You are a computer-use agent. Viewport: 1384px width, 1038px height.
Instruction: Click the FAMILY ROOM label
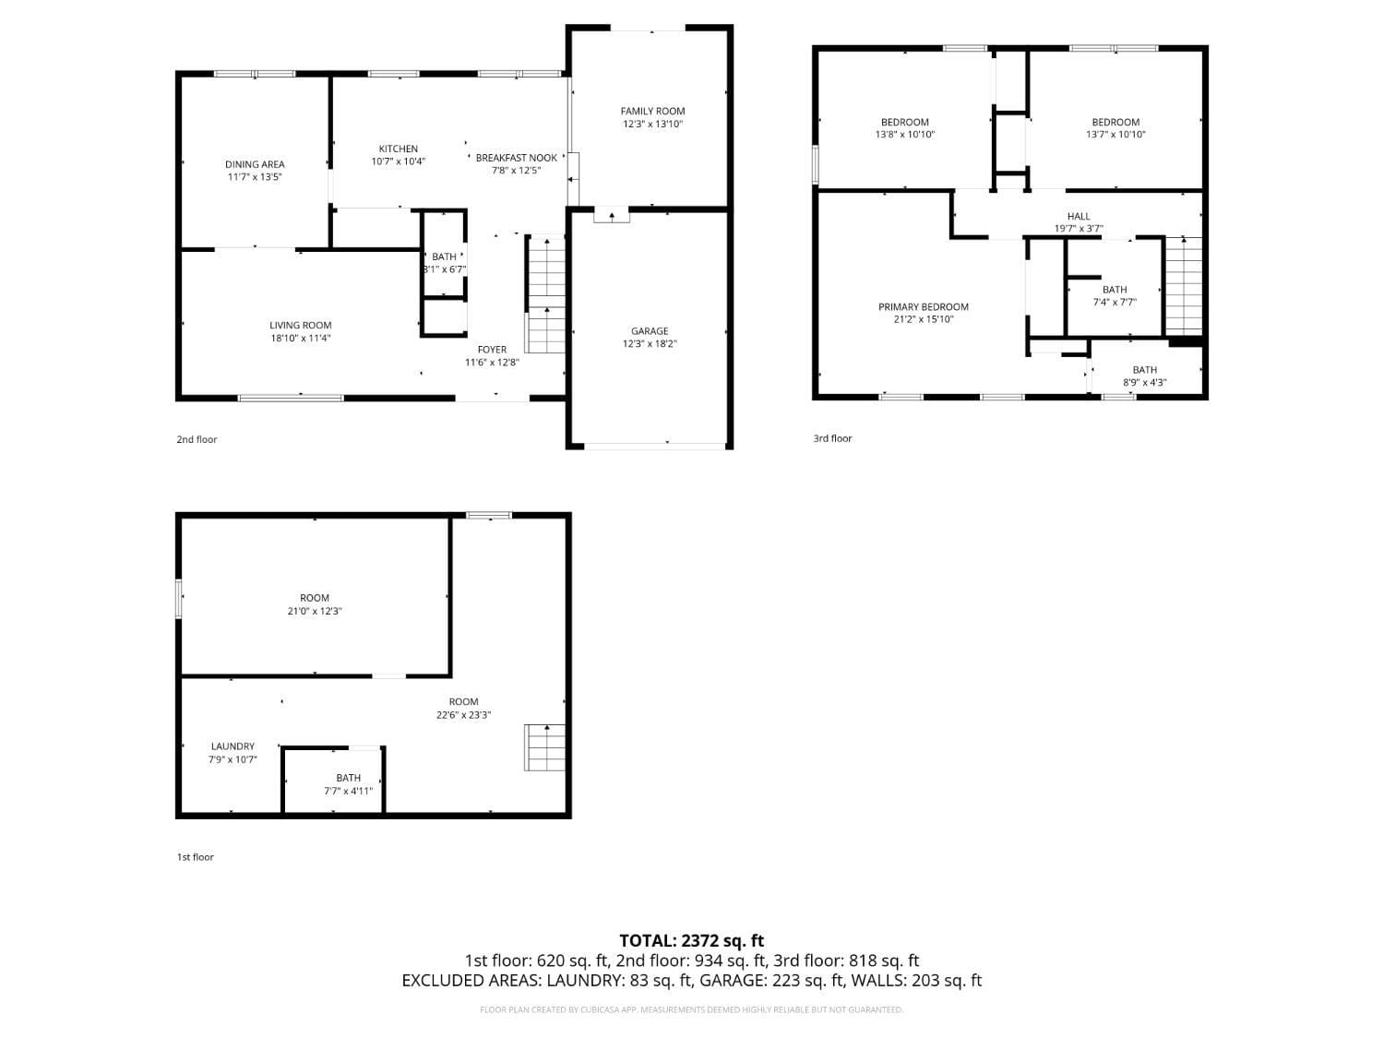[x=652, y=111]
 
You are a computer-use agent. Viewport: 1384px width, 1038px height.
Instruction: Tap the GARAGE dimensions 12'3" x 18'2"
[x=650, y=344]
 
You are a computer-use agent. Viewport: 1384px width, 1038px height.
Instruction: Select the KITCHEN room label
[x=398, y=149]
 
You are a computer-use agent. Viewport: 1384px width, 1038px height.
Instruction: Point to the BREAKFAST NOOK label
[x=516, y=158]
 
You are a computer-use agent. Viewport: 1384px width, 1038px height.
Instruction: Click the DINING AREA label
[x=255, y=164]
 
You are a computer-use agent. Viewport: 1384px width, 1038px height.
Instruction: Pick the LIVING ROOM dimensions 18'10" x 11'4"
[x=300, y=339]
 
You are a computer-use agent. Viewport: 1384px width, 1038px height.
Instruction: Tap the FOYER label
[x=492, y=350]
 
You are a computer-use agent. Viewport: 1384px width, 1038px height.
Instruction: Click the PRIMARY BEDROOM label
[x=923, y=307]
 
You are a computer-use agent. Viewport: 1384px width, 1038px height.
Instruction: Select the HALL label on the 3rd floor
[x=1079, y=216]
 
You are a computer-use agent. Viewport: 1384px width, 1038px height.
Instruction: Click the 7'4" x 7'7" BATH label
[x=1115, y=290]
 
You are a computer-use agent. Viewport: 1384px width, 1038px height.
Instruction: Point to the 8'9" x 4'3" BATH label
[x=1144, y=370]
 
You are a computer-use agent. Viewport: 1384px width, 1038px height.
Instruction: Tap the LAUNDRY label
[x=233, y=746]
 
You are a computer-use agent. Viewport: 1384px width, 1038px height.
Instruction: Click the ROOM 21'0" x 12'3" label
[x=315, y=598]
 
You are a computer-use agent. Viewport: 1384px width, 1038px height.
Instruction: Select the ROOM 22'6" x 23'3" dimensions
[x=463, y=714]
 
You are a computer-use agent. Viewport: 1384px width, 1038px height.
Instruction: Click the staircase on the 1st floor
[x=545, y=747]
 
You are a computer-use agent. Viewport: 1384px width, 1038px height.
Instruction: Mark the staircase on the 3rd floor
[x=1184, y=286]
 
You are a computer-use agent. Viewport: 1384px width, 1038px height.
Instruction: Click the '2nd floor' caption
[x=197, y=439]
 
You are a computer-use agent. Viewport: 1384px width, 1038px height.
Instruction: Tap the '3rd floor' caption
[x=832, y=438]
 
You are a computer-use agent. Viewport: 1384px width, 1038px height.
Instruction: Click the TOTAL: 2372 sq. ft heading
[x=691, y=941]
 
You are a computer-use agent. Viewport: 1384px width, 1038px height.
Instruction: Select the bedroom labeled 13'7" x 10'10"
[x=1116, y=122]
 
